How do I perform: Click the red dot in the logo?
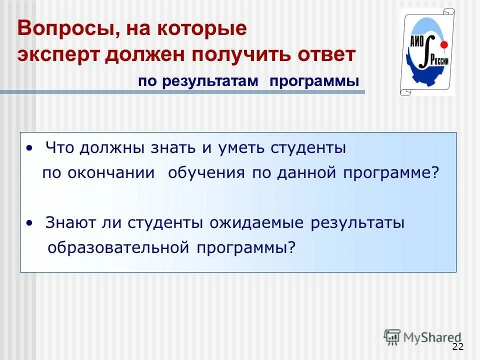pos(443,45)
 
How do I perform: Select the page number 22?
pos(457,347)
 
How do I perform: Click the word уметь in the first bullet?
pos(240,148)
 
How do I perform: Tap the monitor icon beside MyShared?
pos(392,336)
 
